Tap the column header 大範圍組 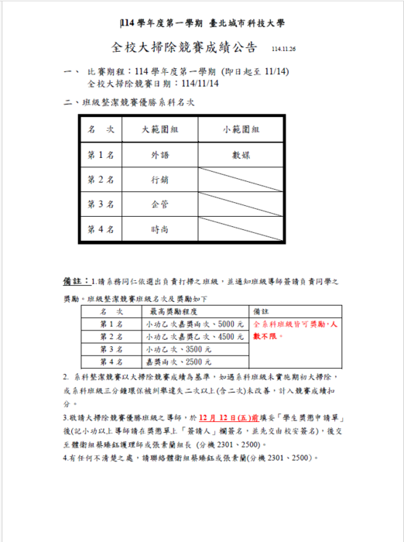click(x=160, y=129)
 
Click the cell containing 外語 click(x=160, y=155)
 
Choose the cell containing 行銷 click(x=160, y=180)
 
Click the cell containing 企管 click(x=160, y=204)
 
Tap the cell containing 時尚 click(x=160, y=229)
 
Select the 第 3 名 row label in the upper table click(x=100, y=204)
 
